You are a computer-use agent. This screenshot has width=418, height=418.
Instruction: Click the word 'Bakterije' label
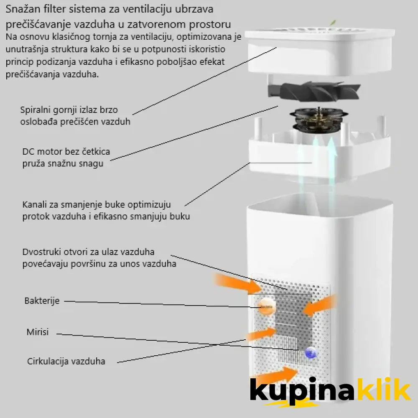(42, 301)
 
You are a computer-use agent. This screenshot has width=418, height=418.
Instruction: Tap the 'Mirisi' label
(38, 332)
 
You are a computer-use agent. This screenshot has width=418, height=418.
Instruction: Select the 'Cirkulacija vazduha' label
(66, 361)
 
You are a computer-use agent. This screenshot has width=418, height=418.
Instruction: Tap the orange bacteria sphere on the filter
(266, 307)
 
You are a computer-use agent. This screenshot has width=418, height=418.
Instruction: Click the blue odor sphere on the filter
(310, 353)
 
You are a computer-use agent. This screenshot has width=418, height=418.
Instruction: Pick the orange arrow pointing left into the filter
(319, 306)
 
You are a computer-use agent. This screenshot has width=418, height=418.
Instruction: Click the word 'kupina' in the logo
(302, 390)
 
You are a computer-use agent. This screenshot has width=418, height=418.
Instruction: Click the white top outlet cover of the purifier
(319, 51)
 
